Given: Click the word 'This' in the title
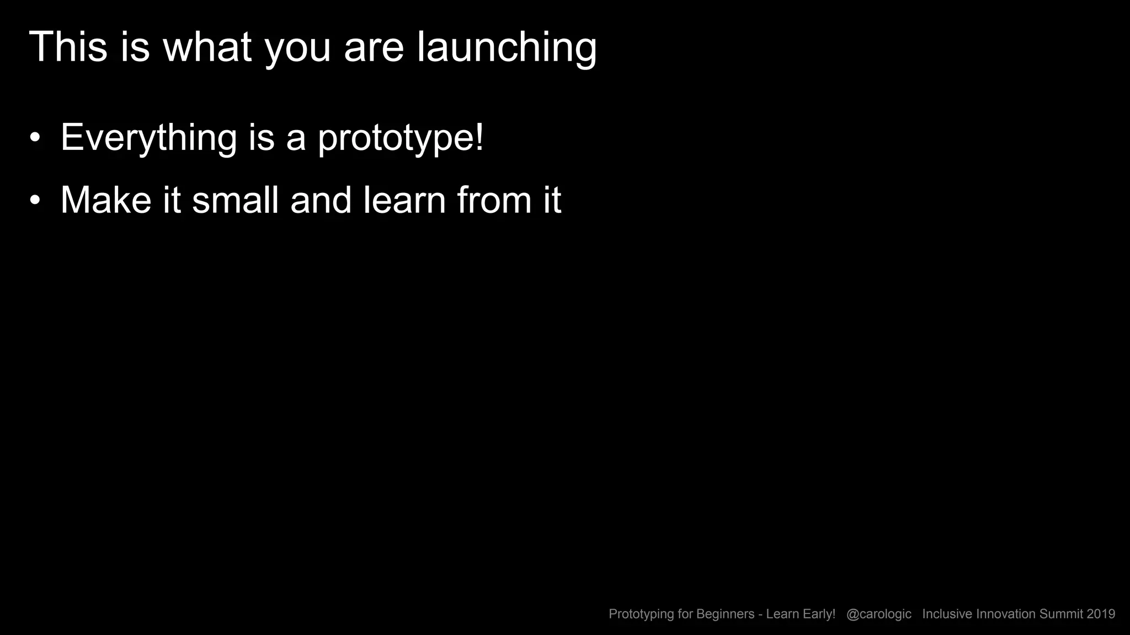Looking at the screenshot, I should (68, 47).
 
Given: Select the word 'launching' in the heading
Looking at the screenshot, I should (507, 49).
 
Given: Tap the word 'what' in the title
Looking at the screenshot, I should (207, 47).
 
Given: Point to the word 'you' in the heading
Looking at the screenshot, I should (298, 51).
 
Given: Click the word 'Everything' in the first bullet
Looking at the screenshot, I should (148, 138).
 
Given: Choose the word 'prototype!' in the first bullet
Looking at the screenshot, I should (401, 139).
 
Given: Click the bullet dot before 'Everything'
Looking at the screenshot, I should (35, 138).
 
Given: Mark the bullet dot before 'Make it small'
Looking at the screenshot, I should (35, 201).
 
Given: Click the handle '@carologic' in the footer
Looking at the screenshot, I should (878, 614).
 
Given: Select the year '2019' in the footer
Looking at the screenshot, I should (1101, 614).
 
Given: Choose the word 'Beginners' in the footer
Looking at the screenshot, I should (725, 614).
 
